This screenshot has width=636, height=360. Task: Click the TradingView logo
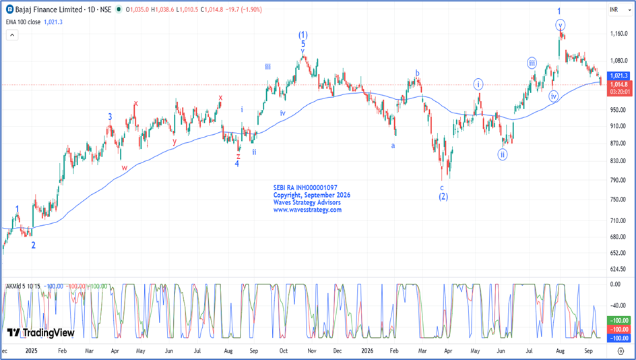[41, 333]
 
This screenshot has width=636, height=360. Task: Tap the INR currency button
[614, 9]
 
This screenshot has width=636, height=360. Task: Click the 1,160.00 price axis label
[619, 34]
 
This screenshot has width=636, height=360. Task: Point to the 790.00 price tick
[619, 180]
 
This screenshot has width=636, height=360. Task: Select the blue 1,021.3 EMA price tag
[619, 76]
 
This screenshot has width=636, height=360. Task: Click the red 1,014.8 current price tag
[619, 85]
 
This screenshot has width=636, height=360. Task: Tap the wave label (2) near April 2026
[443, 197]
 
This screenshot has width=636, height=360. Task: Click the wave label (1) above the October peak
[303, 35]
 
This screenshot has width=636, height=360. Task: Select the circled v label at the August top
[560, 25]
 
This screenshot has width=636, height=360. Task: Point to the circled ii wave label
[502, 154]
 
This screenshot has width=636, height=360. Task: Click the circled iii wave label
[532, 63]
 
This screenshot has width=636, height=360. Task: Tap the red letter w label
[125, 168]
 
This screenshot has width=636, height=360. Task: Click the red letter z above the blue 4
[238, 156]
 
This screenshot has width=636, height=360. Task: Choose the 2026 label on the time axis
[367, 351]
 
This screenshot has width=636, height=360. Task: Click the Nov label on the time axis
[311, 351]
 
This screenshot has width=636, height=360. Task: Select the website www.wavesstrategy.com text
[307, 210]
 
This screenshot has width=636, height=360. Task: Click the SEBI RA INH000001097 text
[305, 187]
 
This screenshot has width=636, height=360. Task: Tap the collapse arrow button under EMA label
[12, 35]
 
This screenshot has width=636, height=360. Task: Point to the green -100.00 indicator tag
[619, 321]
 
